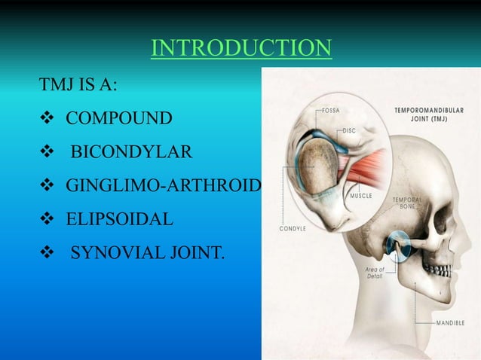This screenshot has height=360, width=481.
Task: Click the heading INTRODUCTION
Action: (x=240, y=49)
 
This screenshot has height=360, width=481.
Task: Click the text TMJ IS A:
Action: (x=78, y=84)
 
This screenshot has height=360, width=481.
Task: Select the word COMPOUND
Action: (x=118, y=118)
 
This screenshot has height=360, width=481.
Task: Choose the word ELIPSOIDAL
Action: (x=119, y=221)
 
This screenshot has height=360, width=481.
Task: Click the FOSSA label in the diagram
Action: (x=331, y=111)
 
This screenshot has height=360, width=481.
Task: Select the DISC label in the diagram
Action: (x=349, y=130)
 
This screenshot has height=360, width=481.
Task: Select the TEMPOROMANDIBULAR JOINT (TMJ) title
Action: (x=429, y=114)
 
